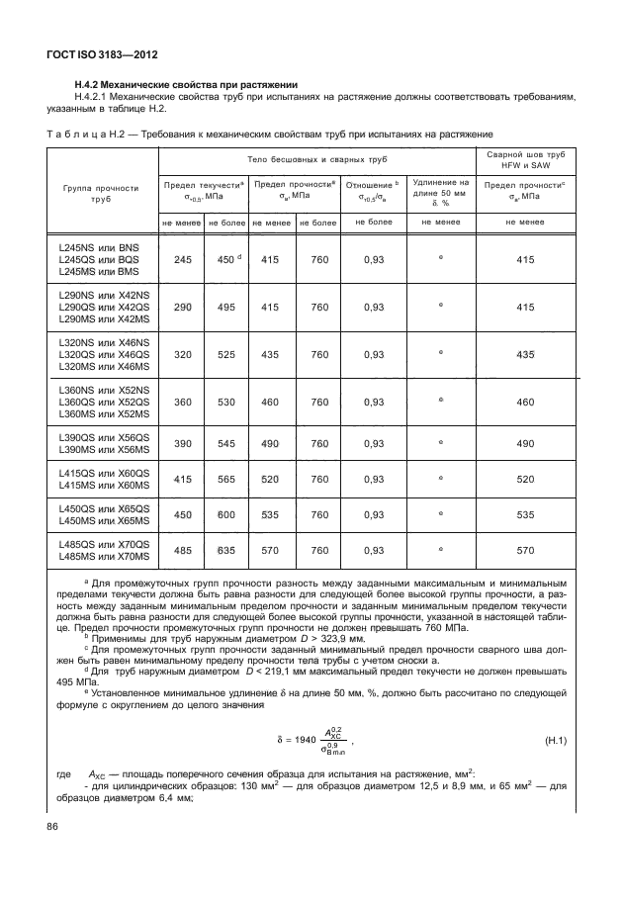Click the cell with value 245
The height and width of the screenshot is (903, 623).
[x=182, y=259]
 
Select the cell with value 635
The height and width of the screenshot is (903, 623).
[x=225, y=550]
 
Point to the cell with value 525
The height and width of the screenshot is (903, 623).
[x=225, y=354]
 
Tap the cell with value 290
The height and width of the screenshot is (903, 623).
[x=182, y=307]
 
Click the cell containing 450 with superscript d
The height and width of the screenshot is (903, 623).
[x=225, y=259]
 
